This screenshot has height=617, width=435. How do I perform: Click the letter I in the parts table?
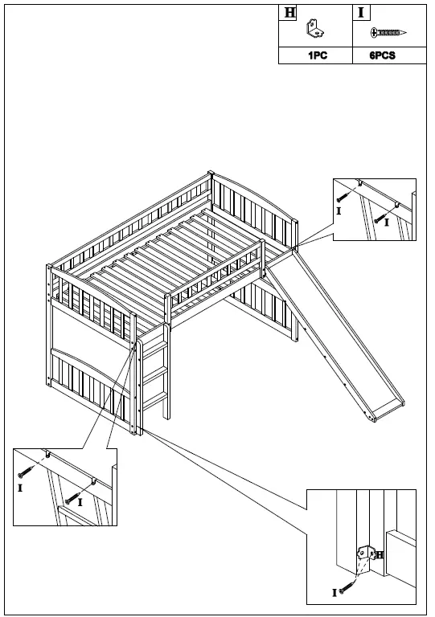[x=361, y=12]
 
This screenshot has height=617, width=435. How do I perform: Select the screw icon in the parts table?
[x=388, y=33]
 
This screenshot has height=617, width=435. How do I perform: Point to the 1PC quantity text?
[x=315, y=56]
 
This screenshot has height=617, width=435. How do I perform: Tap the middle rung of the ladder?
[x=158, y=372]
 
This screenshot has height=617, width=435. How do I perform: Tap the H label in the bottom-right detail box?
[x=379, y=555]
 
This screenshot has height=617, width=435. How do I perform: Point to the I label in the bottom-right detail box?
[x=334, y=593]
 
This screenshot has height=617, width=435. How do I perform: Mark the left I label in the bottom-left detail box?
[x=19, y=488]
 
